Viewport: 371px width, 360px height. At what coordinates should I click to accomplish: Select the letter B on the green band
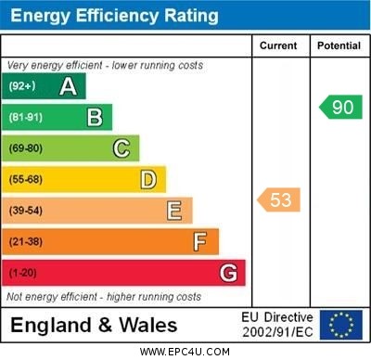click(x=95, y=117)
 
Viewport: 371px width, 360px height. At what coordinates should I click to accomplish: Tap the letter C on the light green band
click(x=122, y=148)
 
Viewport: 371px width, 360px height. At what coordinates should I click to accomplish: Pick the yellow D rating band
click(x=85, y=179)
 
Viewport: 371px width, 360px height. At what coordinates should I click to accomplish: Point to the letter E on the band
click(x=174, y=211)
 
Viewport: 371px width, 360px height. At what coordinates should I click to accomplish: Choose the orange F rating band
click(x=111, y=241)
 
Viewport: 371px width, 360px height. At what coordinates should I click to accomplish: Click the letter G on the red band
click(x=228, y=273)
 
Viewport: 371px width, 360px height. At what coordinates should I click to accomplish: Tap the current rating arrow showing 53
click(x=279, y=199)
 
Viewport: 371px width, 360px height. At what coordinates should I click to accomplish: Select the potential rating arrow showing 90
click(x=340, y=107)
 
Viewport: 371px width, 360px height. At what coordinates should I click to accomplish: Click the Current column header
click(x=278, y=45)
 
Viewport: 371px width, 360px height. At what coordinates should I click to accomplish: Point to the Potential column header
click(x=339, y=45)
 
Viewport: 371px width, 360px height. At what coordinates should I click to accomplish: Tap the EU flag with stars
click(x=341, y=325)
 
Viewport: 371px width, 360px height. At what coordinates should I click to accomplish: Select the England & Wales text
click(x=93, y=325)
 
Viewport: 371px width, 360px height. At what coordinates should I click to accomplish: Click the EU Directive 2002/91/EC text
click(x=277, y=325)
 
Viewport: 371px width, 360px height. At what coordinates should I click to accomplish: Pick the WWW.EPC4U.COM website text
click(x=185, y=352)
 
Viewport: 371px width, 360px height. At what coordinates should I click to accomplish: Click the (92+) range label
click(x=21, y=86)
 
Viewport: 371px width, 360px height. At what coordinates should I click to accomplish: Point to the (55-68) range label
click(x=27, y=179)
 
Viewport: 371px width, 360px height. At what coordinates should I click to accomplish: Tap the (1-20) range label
click(x=23, y=273)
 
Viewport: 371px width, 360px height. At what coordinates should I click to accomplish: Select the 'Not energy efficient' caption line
click(x=104, y=297)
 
